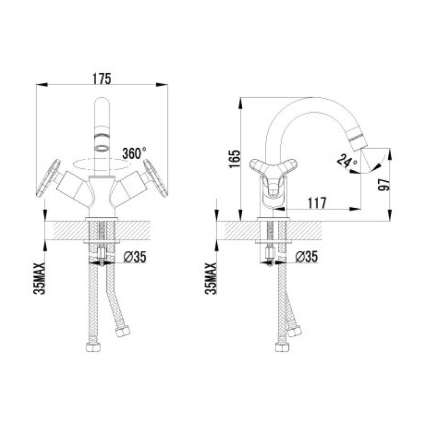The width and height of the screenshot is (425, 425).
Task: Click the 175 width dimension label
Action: (x=102, y=79)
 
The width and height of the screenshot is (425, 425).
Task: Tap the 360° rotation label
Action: (x=134, y=153)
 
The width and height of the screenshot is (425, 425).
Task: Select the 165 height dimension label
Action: (x=235, y=158)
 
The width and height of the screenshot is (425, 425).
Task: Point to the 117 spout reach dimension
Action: (x=317, y=203)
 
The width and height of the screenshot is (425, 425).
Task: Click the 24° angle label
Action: (x=347, y=161)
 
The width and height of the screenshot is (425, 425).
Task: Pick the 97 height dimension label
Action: (x=384, y=185)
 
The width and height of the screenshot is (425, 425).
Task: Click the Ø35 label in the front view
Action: (x=135, y=257)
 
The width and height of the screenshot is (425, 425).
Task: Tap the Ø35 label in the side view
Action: (x=307, y=257)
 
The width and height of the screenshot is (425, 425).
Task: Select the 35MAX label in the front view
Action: (x=39, y=278)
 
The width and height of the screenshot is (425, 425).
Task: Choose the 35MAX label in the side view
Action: (x=211, y=278)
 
